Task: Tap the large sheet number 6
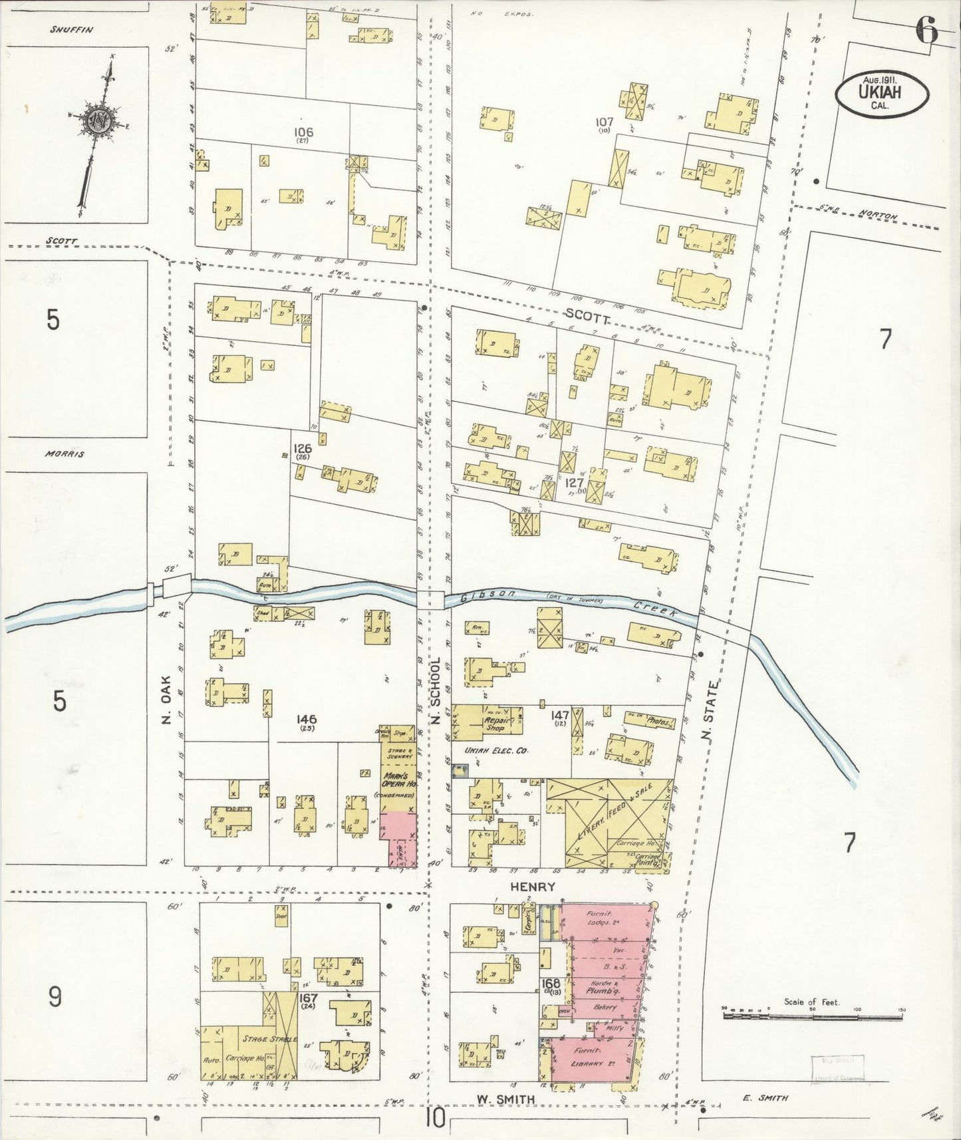pyautogui.click(x=926, y=29)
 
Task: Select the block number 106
pyautogui.click(x=303, y=132)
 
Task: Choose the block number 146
pyautogui.click(x=307, y=719)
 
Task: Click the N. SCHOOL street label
pyautogui.click(x=437, y=691)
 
